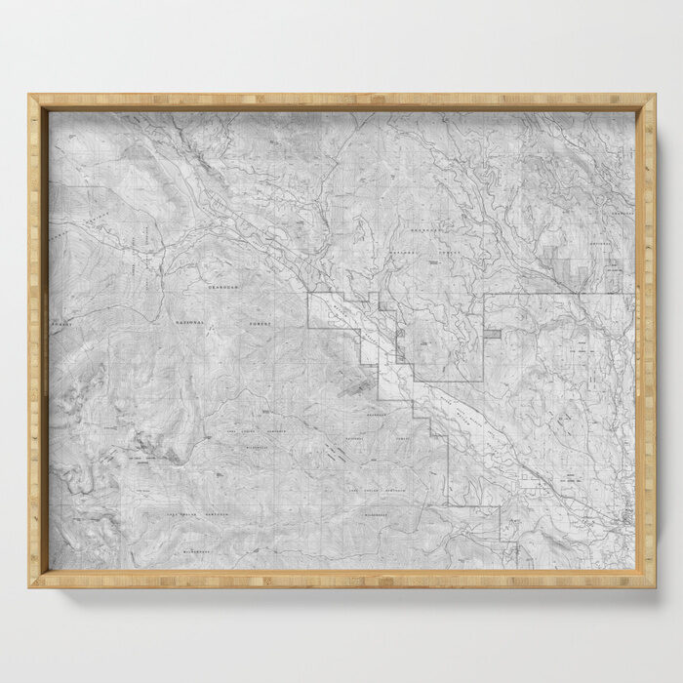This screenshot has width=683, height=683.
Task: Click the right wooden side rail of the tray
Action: tap(645, 341)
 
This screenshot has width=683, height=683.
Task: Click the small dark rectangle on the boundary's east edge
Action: tap(493, 334)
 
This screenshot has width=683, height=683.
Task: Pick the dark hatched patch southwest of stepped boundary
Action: tap(355, 387)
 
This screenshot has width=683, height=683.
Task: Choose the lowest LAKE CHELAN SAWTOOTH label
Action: tap(195, 513)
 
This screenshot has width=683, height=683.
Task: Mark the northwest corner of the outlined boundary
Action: tap(308, 294)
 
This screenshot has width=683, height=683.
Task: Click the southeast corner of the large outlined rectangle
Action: tap(482, 381)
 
